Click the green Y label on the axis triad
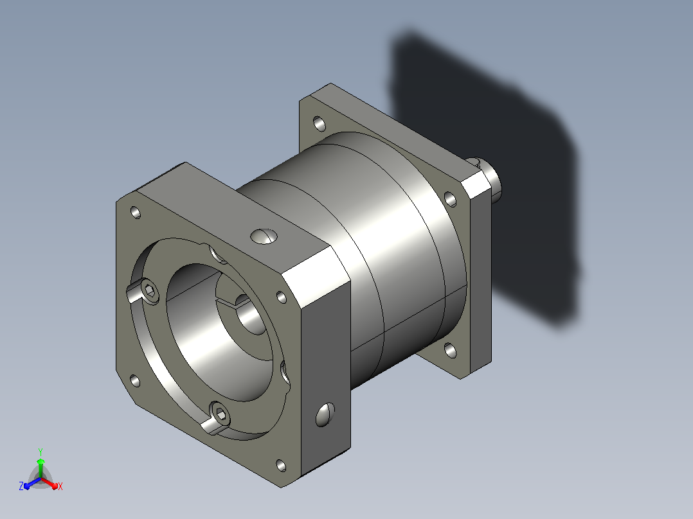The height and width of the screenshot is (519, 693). pos(40,452)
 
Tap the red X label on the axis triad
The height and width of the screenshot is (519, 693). pos(60,486)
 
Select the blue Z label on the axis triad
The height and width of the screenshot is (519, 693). pos(21,486)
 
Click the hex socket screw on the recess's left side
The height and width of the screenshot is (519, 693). pos(150,291)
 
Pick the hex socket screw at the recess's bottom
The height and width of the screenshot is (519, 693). pos(220,414)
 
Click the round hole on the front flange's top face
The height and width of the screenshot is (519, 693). pos(264,236)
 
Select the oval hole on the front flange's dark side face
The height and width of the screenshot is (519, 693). pos(325,414)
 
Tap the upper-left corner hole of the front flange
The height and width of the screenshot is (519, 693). pos(136,213)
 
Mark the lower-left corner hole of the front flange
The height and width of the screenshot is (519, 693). pos(135,381)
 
